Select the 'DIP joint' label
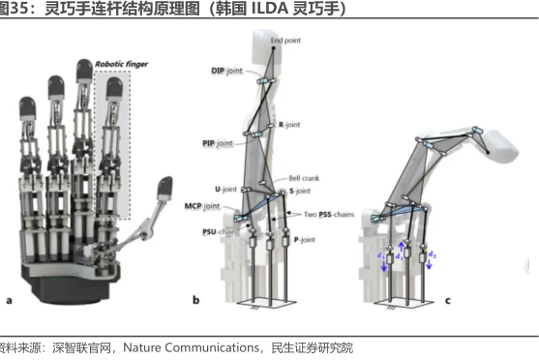(x=226, y=72)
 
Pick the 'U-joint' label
(x=225, y=187)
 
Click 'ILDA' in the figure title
(x=243, y=10)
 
